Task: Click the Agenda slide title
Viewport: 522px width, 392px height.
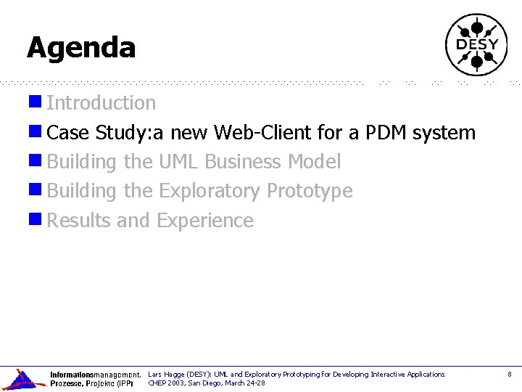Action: (x=81, y=48)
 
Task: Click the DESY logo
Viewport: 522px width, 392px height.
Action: (x=476, y=44)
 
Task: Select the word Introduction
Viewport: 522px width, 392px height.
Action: (x=101, y=103)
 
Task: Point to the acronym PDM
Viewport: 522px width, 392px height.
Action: (x=385, y=133)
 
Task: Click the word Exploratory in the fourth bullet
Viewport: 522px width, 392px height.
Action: (x=210, y=191)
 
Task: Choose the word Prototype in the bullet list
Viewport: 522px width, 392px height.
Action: (x=310, y=191)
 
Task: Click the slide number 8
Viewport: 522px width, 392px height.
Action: (x=509, y=375)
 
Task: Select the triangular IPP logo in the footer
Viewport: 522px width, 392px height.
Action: (x=23, y=379)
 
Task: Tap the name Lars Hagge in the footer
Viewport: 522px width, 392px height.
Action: (x=165, y=375)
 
